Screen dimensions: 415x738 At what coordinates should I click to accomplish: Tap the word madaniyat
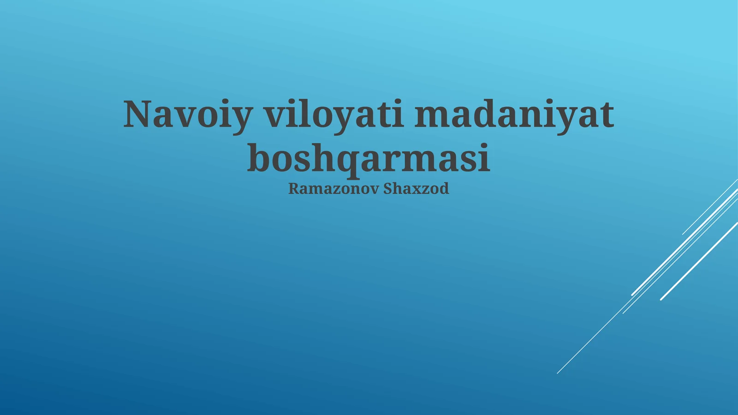514,114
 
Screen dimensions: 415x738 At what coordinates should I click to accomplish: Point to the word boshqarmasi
368,158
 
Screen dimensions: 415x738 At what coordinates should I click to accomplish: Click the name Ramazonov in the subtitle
333,189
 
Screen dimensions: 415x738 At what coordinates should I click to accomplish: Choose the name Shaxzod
416,189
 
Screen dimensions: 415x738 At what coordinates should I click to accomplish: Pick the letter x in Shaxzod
416,189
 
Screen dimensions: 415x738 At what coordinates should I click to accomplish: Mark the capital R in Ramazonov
293,189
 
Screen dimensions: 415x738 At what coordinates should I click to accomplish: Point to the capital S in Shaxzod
388,189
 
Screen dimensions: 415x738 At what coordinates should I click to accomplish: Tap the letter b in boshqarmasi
259,157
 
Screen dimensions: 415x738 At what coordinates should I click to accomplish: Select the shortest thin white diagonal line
710,207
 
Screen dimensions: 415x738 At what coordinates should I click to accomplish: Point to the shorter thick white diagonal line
699,261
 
